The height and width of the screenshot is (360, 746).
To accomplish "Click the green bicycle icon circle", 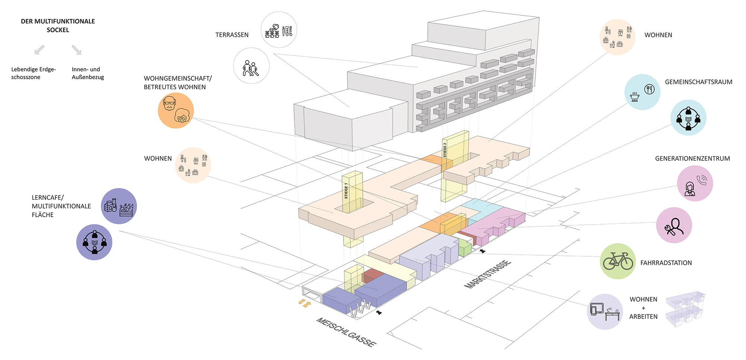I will (618, 261).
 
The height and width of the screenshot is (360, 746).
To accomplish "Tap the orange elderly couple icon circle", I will (176, 110).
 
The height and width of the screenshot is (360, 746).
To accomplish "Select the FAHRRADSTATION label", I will (666, 263).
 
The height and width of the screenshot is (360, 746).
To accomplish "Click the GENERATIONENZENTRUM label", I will (692, 159).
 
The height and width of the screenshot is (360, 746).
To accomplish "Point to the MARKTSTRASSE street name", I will (487, 275).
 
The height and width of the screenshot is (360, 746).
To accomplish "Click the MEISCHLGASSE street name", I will (346, 332).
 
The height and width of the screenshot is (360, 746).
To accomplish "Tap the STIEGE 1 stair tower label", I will (347, 191).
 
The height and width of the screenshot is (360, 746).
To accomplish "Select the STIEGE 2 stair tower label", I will (445, 150).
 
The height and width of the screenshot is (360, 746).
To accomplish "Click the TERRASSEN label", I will (232, 35).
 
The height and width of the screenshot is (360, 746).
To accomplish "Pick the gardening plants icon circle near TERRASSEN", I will (279, 29).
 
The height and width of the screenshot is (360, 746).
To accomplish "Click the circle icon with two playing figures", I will (251, 66).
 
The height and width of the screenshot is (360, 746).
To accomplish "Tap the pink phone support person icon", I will (695, 183).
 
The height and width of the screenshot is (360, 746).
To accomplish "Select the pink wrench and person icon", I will (674, 225).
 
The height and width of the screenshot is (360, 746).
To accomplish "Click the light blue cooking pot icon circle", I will (642, 92).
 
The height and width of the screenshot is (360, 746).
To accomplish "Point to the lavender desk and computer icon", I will (605, 312).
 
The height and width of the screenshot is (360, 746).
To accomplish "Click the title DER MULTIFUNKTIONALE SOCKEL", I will (58, 25).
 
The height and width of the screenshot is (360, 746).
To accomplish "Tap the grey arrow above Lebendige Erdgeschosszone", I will (40, 50).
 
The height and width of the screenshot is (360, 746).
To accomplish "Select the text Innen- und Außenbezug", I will (88, 73).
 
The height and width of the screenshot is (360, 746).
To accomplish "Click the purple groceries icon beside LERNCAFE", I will (119, 206).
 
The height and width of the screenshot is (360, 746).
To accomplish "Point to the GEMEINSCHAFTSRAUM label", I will (698, 82).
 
